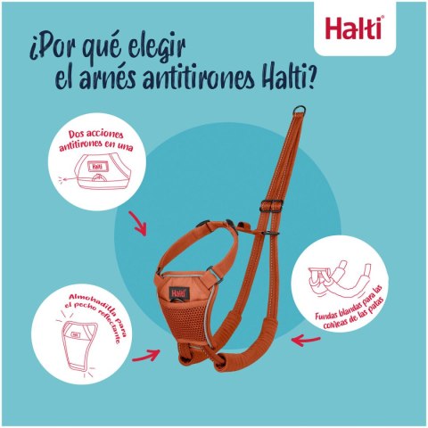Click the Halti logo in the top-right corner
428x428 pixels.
pos(353,29)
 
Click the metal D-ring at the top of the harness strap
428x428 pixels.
pos(299,111)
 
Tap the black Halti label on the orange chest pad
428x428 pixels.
pos(179,293)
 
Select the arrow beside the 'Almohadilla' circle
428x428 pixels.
pos(146,356)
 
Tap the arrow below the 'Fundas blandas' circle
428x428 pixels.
pos(306,341)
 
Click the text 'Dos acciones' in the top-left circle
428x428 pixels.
pos(95,135)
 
